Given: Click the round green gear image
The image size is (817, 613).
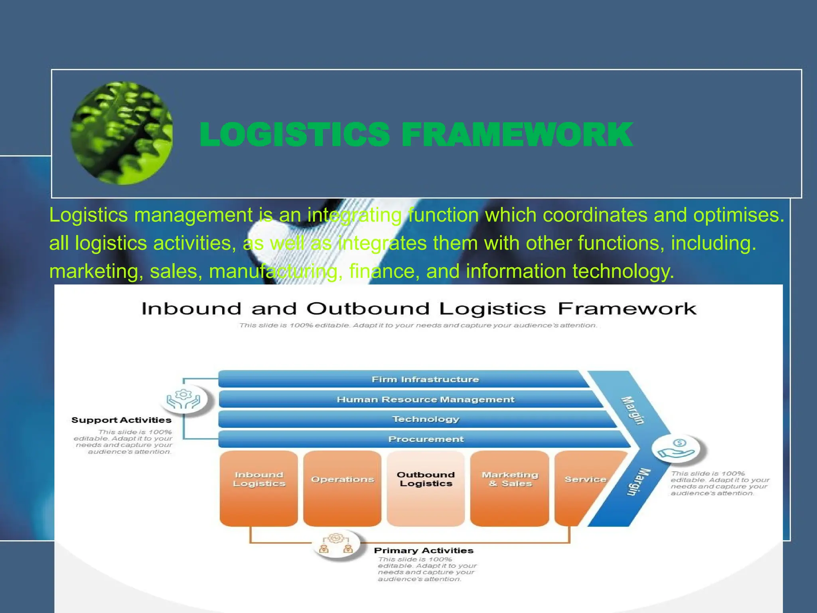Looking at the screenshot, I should [x=122, y=133].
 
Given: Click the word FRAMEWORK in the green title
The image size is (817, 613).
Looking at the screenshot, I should [x=517, y=135].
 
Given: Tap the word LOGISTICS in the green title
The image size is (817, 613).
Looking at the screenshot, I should [x=294, y=135].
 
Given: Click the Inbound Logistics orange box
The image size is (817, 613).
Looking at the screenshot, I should [x=259, y=488].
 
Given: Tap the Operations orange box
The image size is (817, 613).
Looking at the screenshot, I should [x=342, y=488].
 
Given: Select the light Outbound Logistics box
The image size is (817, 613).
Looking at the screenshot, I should [x=426, y=488].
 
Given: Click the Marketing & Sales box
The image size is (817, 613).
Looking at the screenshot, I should [x=509, y=488].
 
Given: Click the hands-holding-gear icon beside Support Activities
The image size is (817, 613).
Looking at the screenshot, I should [x=184, y=399].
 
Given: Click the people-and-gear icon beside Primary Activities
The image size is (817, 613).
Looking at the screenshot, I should [x=336, y=544].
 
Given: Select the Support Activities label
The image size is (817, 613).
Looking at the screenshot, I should [x=121, y=420].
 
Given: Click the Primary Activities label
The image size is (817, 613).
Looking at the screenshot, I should [x=424, y=550].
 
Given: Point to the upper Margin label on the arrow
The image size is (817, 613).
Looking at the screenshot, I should [x=633, y=410].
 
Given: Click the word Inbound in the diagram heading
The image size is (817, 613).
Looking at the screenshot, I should [x=191, y=309].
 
